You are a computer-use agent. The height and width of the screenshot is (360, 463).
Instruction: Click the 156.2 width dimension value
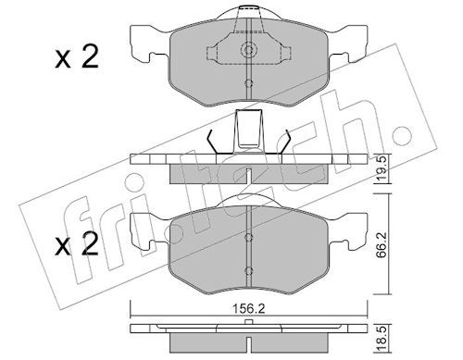click(248, 309)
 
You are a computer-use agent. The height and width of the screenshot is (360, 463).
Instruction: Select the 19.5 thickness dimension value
click(382, 168)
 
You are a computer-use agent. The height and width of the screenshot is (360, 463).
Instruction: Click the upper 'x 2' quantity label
click(77, 56)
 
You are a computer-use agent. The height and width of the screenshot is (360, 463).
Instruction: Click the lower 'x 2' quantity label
click(77, 244)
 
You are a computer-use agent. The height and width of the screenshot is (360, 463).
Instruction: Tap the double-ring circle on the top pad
click(248, 49)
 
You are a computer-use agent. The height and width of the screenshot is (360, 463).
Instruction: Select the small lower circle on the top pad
click(248, 83)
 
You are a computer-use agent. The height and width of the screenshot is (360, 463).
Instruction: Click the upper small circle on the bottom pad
click(248, 238)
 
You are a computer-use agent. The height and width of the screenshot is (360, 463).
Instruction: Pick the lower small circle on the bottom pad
click(248, 271)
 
